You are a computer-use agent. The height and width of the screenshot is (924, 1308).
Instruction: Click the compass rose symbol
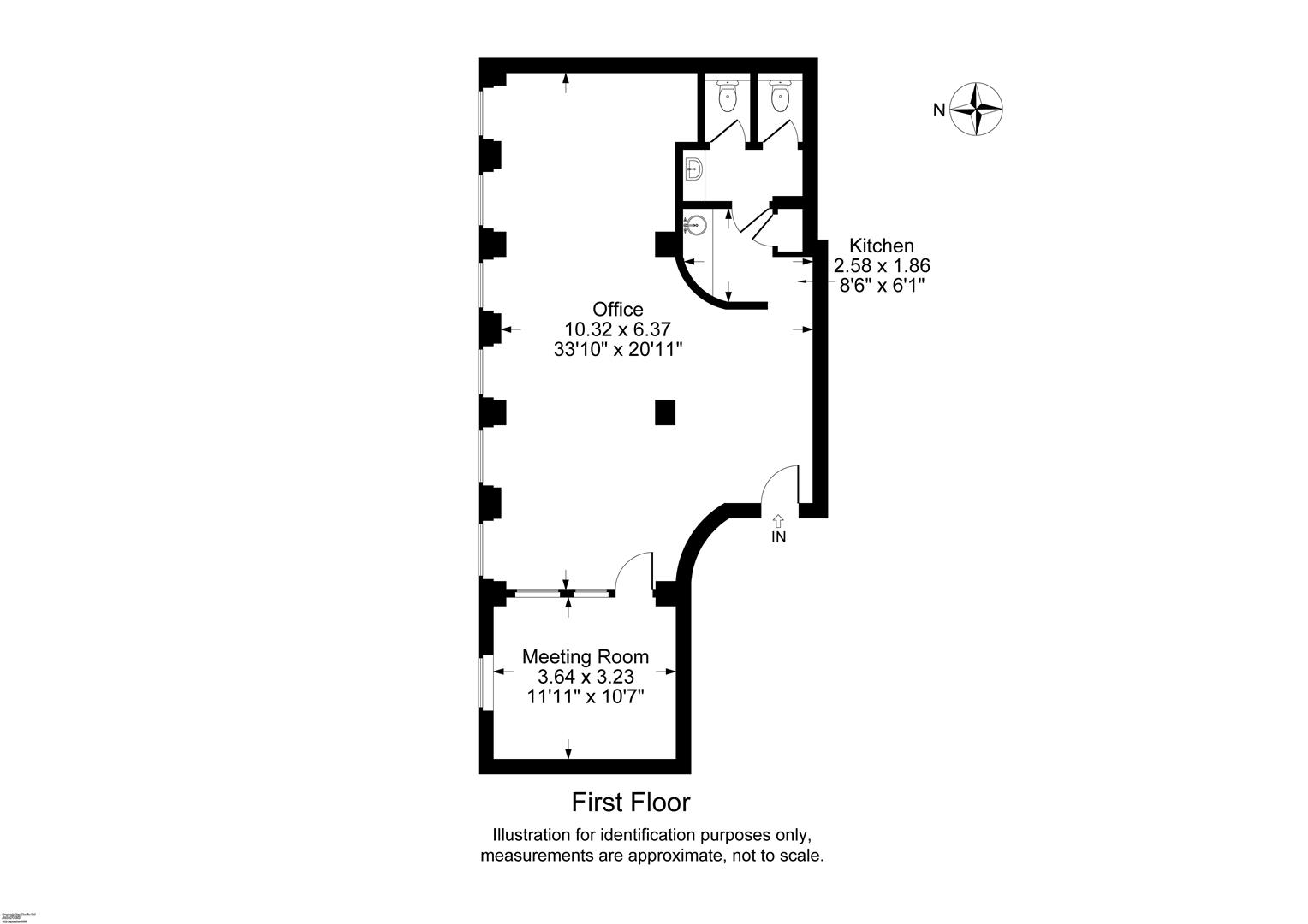point(976,109)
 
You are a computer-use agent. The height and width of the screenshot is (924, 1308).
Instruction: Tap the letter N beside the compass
point(939,110)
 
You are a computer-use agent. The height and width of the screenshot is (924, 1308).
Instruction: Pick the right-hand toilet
point(779,96)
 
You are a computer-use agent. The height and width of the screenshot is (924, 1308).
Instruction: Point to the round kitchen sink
point(697,225)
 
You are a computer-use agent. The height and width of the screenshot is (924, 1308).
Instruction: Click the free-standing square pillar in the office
point(666,412)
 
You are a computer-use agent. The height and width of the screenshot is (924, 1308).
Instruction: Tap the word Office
point(618,309)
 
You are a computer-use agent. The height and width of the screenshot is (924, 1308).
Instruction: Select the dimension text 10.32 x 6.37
point(618,329)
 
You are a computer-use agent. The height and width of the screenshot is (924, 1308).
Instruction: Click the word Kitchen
point(882,246)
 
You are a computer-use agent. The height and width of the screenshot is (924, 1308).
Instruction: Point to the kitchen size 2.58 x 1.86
point(882,265)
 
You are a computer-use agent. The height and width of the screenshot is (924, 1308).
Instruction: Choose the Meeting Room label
point(586,657)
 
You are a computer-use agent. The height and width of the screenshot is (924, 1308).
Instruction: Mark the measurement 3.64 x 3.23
point(586,677)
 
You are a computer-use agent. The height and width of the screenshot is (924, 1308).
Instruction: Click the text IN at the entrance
point(778,537)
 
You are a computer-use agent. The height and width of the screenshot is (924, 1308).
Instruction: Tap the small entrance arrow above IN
point(778,519)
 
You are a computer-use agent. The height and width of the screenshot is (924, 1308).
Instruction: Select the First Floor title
point(631,803)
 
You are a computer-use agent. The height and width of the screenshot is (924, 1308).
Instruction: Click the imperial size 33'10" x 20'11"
point(618,348)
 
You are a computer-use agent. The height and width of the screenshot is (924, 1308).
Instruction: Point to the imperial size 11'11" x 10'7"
point(586,696)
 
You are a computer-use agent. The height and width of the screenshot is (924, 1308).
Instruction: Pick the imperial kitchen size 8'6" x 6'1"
point(882,285)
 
